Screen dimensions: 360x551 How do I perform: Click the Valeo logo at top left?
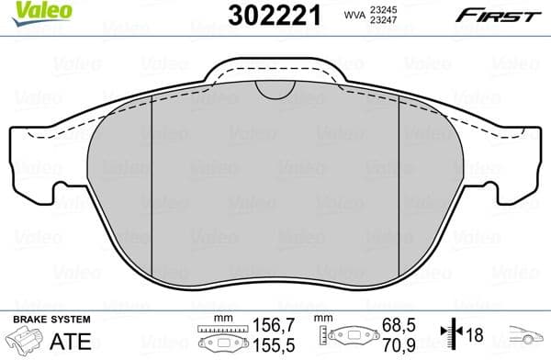pos(31,10)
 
